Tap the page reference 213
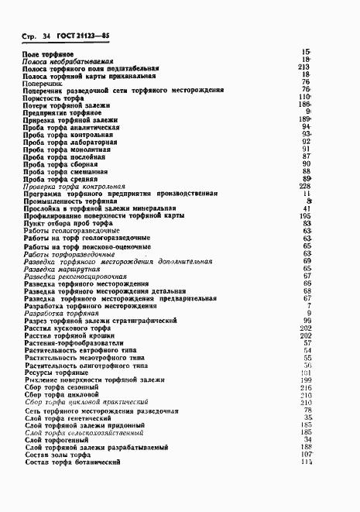point(303,67)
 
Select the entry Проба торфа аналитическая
point(71,127)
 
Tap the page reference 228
point(304,187)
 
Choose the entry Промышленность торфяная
point(70,201)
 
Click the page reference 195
point(304,216)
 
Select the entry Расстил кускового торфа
point(67,335)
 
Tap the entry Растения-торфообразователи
point(75,342)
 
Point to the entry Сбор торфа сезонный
point(61,387)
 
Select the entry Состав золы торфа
point(59,455)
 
